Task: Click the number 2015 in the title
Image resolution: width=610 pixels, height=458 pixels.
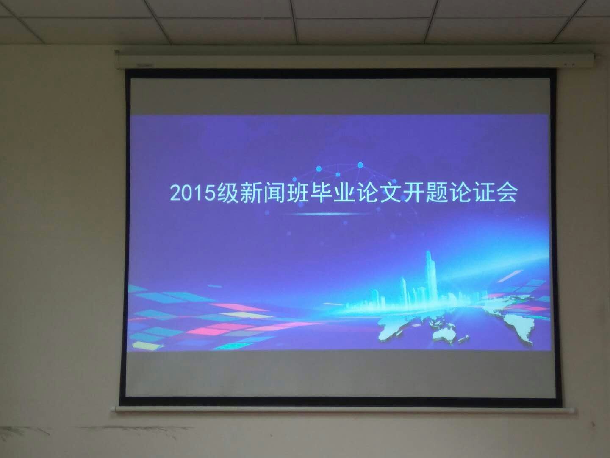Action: (193, 193)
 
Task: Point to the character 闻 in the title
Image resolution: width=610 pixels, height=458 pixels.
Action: (274, 193)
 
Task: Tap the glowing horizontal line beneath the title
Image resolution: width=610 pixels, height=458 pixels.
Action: (331, 214)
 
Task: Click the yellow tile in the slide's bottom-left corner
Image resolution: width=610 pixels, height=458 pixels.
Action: (146, 346)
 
